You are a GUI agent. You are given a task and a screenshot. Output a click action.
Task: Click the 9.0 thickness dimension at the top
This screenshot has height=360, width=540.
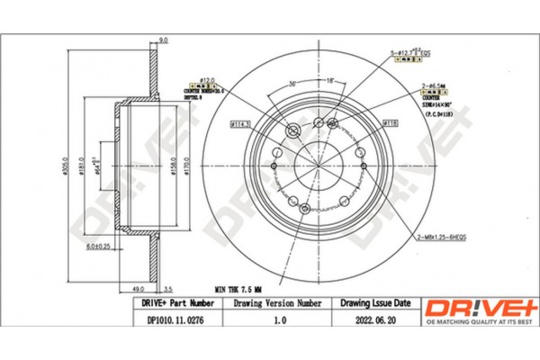point(164,40)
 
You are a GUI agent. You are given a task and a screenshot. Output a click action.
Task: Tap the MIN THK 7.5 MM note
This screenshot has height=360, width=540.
point(225,290)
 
